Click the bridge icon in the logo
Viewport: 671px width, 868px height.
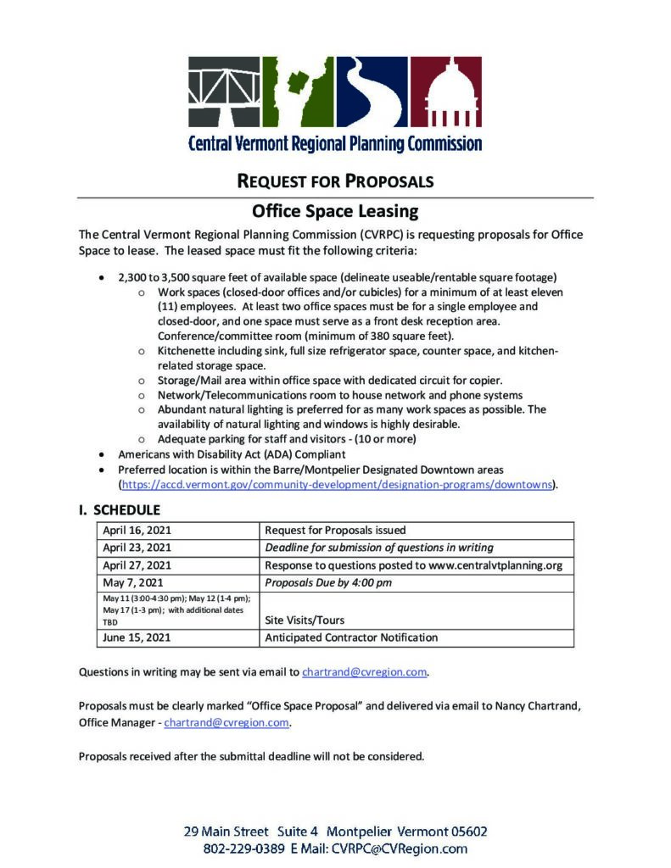coord(224,91)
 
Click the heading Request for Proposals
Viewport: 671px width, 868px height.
coord(335,181)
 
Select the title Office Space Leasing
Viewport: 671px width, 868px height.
coord(335,210)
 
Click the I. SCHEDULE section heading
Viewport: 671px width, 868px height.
coord(120,510)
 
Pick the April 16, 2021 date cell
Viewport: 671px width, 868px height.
coord(137,531)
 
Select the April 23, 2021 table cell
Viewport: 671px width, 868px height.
coord(137,548)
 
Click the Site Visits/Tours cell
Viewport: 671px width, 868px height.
coord(305,620)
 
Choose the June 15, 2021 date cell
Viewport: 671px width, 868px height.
coord(136,637)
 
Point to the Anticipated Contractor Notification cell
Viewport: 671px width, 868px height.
coord(351,637)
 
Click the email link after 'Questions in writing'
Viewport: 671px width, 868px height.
coord(364,672)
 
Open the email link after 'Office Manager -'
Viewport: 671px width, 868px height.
coord(226,723)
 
